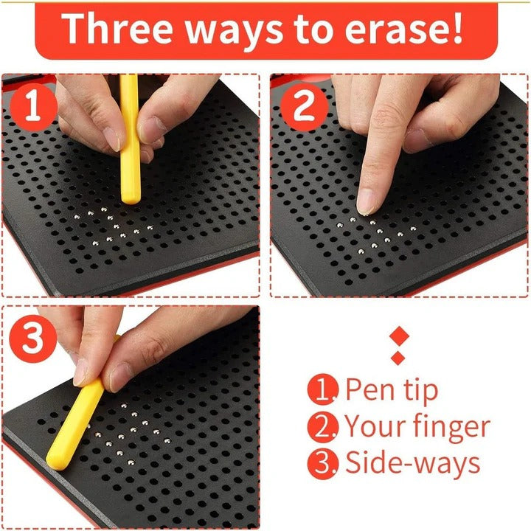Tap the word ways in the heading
point(236,29)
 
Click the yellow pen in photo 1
point(130,140)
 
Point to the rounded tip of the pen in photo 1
point(131,197)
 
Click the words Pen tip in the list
point(391,390)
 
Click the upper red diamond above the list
point(398,336)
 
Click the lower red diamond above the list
point(398,358)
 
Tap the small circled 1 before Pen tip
point(322,390)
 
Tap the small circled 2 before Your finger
point(322,426)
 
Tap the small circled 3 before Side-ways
point(322,462)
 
